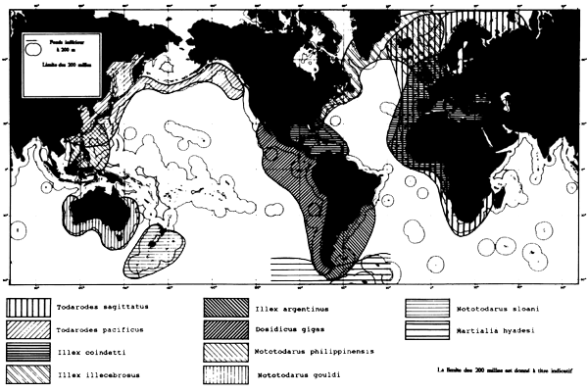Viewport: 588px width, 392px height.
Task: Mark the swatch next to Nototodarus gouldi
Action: click(x=228, y=373)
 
